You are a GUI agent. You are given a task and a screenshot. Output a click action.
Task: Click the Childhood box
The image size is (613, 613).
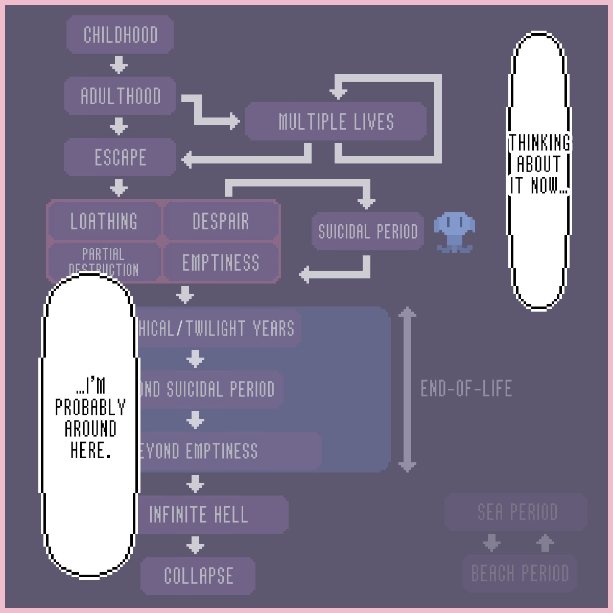click(120, 35)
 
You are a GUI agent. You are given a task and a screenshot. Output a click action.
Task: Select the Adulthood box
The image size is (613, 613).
click(120, 96)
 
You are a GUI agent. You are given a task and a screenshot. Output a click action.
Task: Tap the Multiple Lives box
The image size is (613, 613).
click(336, 122)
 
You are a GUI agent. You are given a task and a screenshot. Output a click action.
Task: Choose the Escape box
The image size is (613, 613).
click(120, 157)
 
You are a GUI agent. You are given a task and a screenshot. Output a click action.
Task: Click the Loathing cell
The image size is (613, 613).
click(104, 221)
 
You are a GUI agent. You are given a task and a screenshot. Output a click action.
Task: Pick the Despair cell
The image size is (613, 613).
click(221, 221)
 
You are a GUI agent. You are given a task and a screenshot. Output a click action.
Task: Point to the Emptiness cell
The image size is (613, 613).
click(221, 263)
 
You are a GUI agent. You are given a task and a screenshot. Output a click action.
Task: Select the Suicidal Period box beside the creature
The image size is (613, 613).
click(368, 231)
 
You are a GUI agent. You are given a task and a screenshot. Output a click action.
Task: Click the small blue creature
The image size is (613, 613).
click(454, 231)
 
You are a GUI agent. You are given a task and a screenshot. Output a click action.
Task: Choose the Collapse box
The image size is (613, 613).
click(198, 576)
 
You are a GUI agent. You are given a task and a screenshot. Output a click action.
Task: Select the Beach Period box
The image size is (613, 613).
click(520, 573)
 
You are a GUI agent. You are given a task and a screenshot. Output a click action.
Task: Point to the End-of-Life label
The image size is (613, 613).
click(466, 389)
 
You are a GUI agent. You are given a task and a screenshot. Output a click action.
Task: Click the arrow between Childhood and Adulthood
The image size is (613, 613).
click(119, 65)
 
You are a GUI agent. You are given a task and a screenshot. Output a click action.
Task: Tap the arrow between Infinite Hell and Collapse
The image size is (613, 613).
click(195, 545)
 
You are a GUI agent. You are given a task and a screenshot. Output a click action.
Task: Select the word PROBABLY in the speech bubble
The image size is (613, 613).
click(90, 407)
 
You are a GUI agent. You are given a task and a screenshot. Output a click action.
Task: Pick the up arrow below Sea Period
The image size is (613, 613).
click(545, 543)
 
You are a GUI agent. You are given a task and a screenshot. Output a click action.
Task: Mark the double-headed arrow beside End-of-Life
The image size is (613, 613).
click(407, 389)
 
